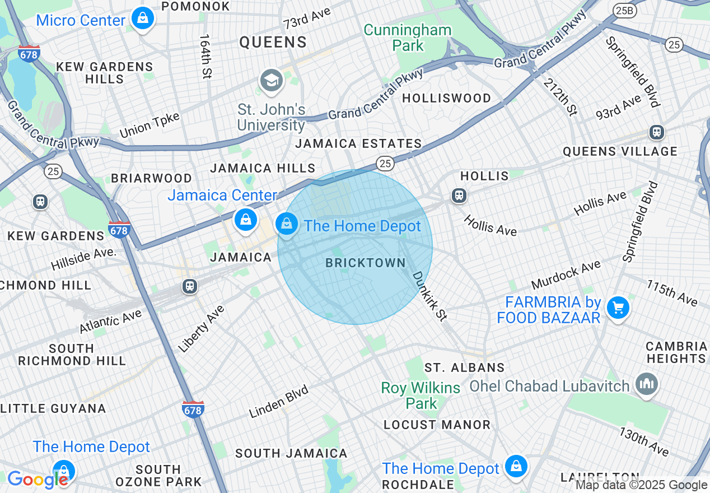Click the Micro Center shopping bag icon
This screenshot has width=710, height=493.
pos(143,18)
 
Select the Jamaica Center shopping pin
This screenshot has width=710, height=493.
pos(245,220)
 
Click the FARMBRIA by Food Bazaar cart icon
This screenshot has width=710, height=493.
pos(618,308)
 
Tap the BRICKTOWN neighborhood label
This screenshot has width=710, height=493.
pos(365,263)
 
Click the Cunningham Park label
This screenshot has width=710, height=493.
pos(408,38)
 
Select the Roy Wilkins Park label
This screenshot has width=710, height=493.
pos(421,395)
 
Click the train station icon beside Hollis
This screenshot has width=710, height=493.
pos(459,196)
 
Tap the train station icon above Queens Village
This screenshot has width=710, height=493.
pos(656,132)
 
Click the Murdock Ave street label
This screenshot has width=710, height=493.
pos(566,275)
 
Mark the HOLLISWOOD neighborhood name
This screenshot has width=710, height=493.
pos(446,98)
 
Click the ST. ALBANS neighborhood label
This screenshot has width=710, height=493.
pos(464,368)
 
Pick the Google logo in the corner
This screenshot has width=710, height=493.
pos(37,480)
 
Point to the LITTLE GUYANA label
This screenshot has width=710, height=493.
pos(53,408)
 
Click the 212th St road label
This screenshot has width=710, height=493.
pos(559,96)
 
